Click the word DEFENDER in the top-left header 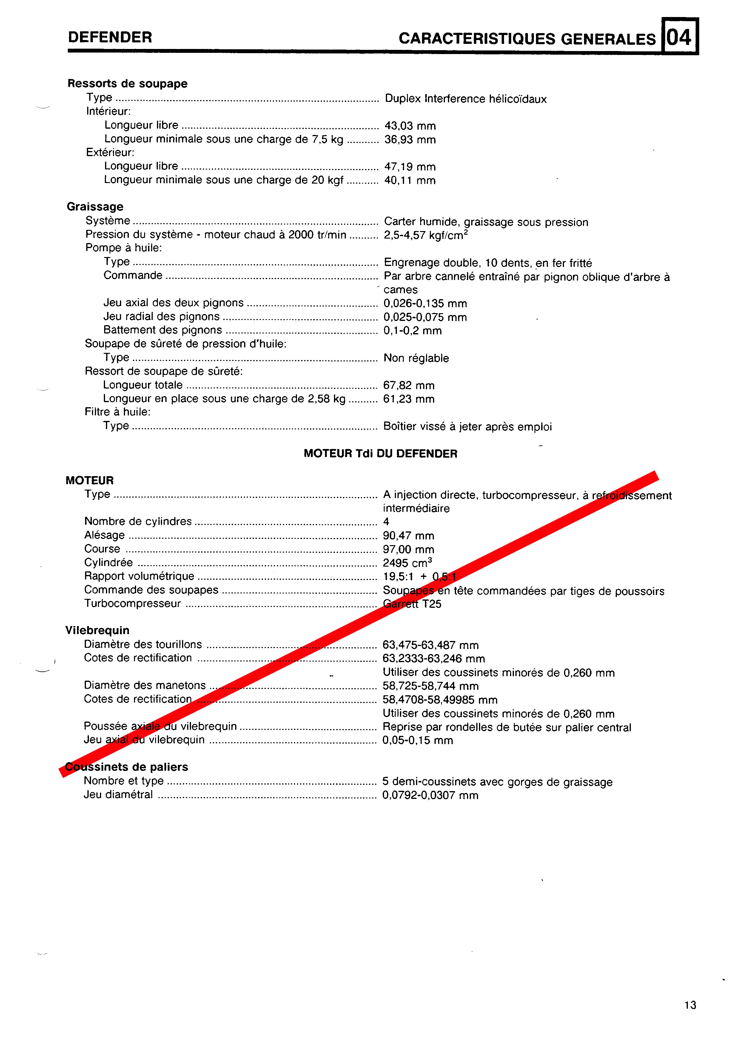click(110, 37)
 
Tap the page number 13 click(690, 1005)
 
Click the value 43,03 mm click(410, 126)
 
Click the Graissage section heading click(95, 207)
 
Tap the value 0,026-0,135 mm click(425, 303)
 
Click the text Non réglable click(416, 358)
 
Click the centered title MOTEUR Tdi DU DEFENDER click(380, 453)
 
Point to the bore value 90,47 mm click(408, 535)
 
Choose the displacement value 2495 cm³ click(407, 563)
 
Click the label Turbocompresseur click(132, 604)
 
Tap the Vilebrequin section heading click(97, 630)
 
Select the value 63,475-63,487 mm click(430, 645)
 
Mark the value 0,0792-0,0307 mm click(430, 795)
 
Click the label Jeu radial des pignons click(161, 316)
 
